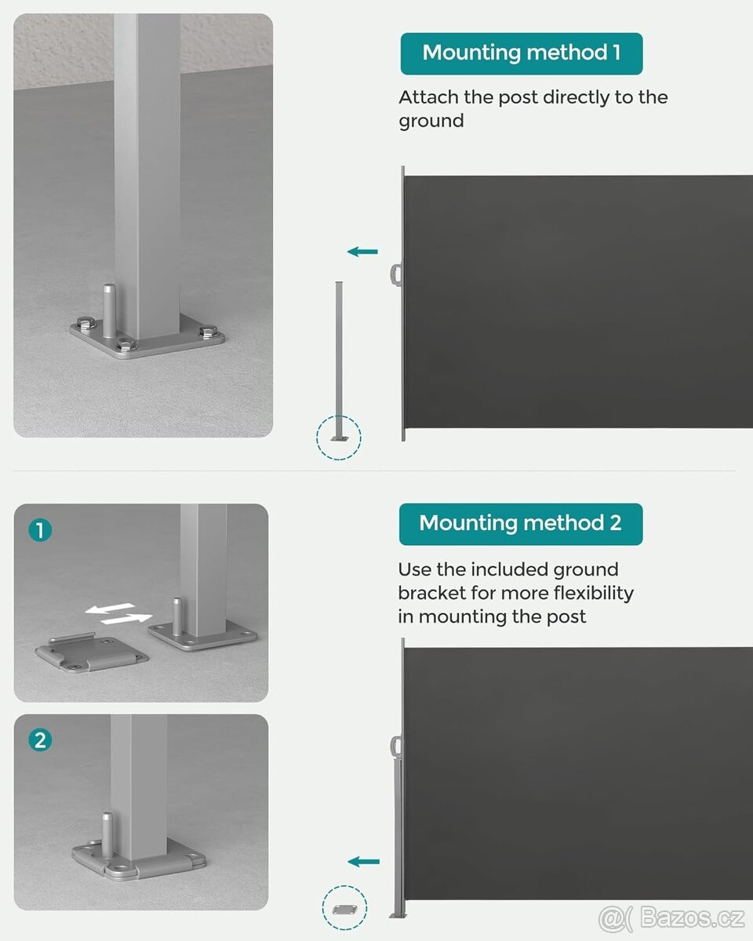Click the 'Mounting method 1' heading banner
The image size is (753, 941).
[521, 53]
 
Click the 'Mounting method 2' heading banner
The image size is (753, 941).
[521, 524]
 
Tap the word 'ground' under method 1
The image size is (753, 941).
[431, 121]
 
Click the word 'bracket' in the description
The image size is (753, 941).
[431, 593]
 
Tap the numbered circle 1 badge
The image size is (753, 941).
[40, 530]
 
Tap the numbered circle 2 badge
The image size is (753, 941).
[40, 740]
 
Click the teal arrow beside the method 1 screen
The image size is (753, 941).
[362, 252]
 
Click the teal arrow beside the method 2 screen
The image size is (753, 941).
[364, 862]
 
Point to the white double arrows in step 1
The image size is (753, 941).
[118, 613]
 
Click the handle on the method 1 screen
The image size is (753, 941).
[396, 274]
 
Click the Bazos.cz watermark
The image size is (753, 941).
[671, 917]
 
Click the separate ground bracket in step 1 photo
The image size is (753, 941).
[92, 653]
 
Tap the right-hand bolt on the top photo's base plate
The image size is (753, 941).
[208, 331]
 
